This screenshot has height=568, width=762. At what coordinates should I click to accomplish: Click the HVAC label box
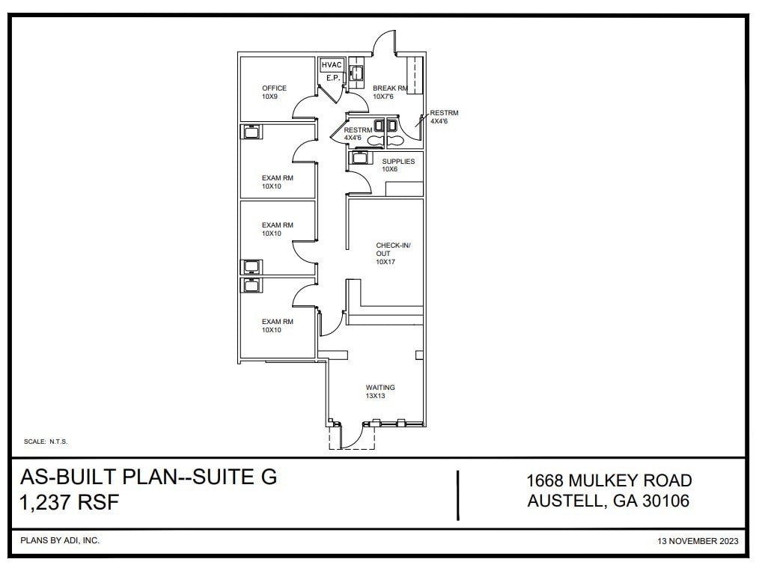pyautogui.click(x=332, y=66)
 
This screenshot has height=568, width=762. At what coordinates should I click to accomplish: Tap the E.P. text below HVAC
pyautogui.click(x=332, y=78)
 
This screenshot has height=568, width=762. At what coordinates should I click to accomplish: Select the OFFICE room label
pyautogui.click(x=274, y=88)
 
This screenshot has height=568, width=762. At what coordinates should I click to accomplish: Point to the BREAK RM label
pyautogui.click(x=390, y=88)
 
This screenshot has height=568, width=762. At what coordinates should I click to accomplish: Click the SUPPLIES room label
pyautogui.click(x=398, y=162)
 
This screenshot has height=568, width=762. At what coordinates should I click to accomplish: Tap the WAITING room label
pyautogui.click(x=380, y=388)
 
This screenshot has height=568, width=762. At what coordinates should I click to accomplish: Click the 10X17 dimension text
pyautogui.click(x=385, y=262)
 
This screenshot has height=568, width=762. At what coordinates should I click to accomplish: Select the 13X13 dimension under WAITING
pyautogui.click(x=375, y=396)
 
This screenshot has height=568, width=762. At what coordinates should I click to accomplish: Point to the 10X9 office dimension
pyautogui.click(x=269, y=97)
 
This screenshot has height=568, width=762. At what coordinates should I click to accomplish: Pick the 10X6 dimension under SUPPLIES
pyautogui.click(x=390, y=170)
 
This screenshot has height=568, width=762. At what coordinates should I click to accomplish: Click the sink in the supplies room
pyautogui.click(x=360, y=159)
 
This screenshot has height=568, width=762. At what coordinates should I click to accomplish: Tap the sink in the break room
pyautogui.click(x=357, y=73)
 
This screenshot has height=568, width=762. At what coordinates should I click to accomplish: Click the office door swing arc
pyautogui.click(x=302, y=109)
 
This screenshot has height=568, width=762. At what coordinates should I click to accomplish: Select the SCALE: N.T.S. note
pyautogui.click(x=46, y=442)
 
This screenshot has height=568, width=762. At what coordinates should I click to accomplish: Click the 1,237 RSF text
pyautogui.click(x=70, y=502)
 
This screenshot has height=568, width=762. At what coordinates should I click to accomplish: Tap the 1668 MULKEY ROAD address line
pyautogui.click(x=609, y=480)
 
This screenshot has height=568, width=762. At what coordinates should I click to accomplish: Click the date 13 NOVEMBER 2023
pyautogui.click(x=698, y=540)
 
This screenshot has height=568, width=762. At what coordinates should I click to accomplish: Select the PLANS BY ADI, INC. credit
pyautogui.click(x=60, y=540)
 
